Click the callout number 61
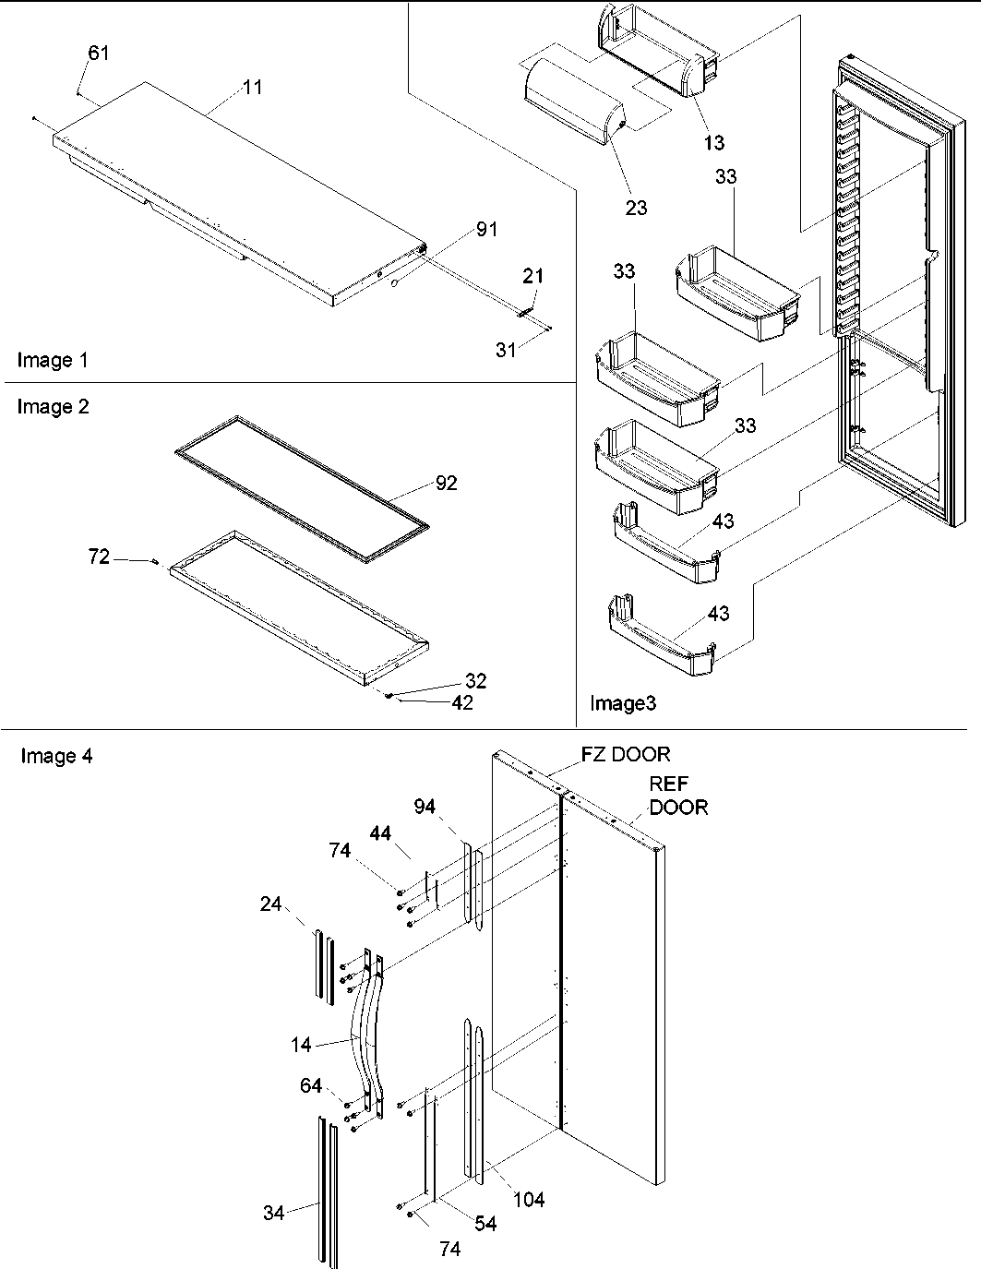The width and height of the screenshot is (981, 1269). [x=99, y=54]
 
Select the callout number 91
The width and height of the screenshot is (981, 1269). [x=486, y=230]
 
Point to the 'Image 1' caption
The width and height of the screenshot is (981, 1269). [x=53, y=361]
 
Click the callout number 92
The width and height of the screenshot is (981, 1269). [x=446, y=484]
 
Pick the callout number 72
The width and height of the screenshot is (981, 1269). [x=99, y=557]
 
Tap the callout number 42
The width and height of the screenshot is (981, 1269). [x=462, y=703]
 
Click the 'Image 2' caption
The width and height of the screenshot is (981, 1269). [x=53, y=407]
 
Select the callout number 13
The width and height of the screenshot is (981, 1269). [x=713, y=143]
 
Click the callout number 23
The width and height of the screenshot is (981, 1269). [x=636, y=209]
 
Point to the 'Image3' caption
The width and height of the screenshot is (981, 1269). [x=623, y=704]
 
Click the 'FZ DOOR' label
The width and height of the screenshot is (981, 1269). [x=625, y=754]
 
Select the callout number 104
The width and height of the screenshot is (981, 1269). [x=530, y=1200]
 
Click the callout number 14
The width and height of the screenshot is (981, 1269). [x=300, y=1046]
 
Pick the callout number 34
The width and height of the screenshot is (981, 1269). [x=273, y=1213]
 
